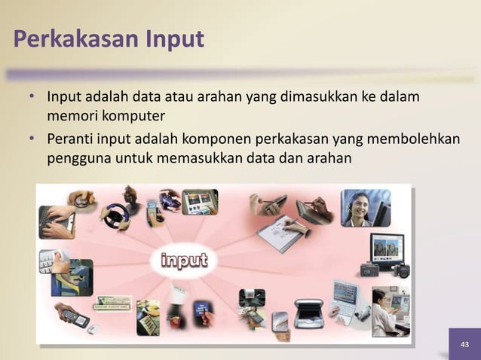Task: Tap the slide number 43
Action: [464, 344]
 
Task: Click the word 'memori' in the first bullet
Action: [72, 116]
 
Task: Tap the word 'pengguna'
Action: [78, 159]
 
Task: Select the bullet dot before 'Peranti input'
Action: [32, 140]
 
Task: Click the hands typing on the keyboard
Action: [57, 220]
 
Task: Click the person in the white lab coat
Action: [384, 309]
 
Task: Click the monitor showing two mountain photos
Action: [387, 248]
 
